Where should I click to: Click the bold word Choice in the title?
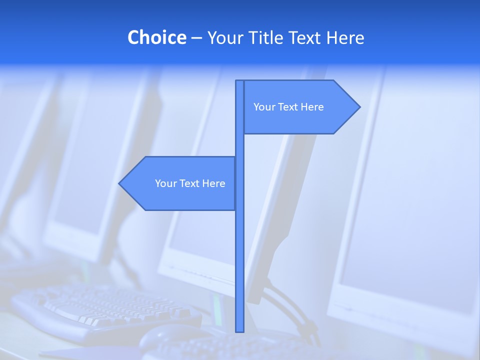(x=156, y=37)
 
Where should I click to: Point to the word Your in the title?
(x=223, y=37)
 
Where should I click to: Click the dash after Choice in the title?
(x=196, y=38)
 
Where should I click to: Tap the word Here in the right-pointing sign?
(x=312, y=107)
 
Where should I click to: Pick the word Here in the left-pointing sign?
(x=214, y=183)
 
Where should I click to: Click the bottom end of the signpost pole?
(x=239, y=330)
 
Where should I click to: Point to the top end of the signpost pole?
(x=239, y=82)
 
